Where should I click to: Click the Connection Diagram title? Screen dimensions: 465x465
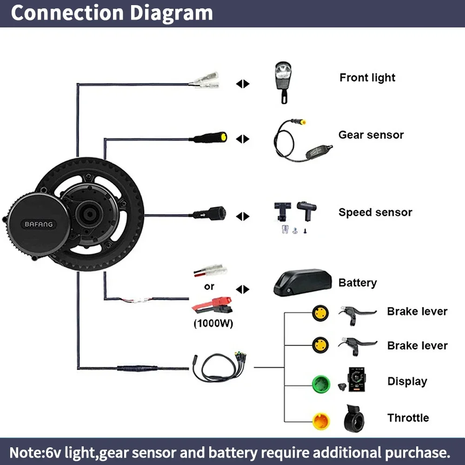112,13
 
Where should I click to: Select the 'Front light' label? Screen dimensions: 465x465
367,78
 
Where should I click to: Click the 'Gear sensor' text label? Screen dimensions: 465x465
371,135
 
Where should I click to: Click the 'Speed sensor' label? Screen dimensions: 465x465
375,213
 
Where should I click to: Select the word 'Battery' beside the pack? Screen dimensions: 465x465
357,283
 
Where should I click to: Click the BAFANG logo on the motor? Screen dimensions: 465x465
39,225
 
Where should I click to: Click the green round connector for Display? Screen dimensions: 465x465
321,384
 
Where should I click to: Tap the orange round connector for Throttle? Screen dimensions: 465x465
321,421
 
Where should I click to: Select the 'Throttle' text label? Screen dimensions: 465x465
408,418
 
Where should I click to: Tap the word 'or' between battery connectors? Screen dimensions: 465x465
209,286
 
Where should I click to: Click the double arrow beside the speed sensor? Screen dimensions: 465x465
243,216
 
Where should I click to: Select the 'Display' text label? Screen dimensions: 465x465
407,382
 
